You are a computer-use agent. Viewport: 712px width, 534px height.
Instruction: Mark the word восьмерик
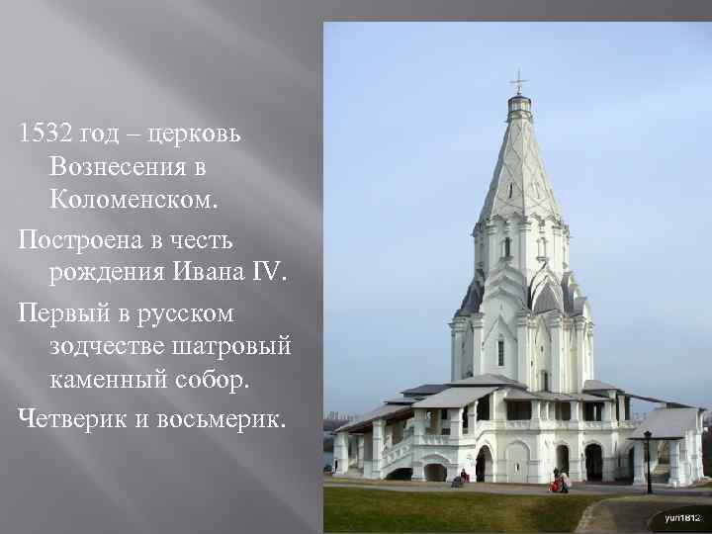coord(219,418)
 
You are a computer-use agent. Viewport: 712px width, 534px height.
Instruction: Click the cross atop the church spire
coord(518,81)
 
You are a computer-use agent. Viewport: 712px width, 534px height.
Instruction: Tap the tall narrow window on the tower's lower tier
coord(500,352)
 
